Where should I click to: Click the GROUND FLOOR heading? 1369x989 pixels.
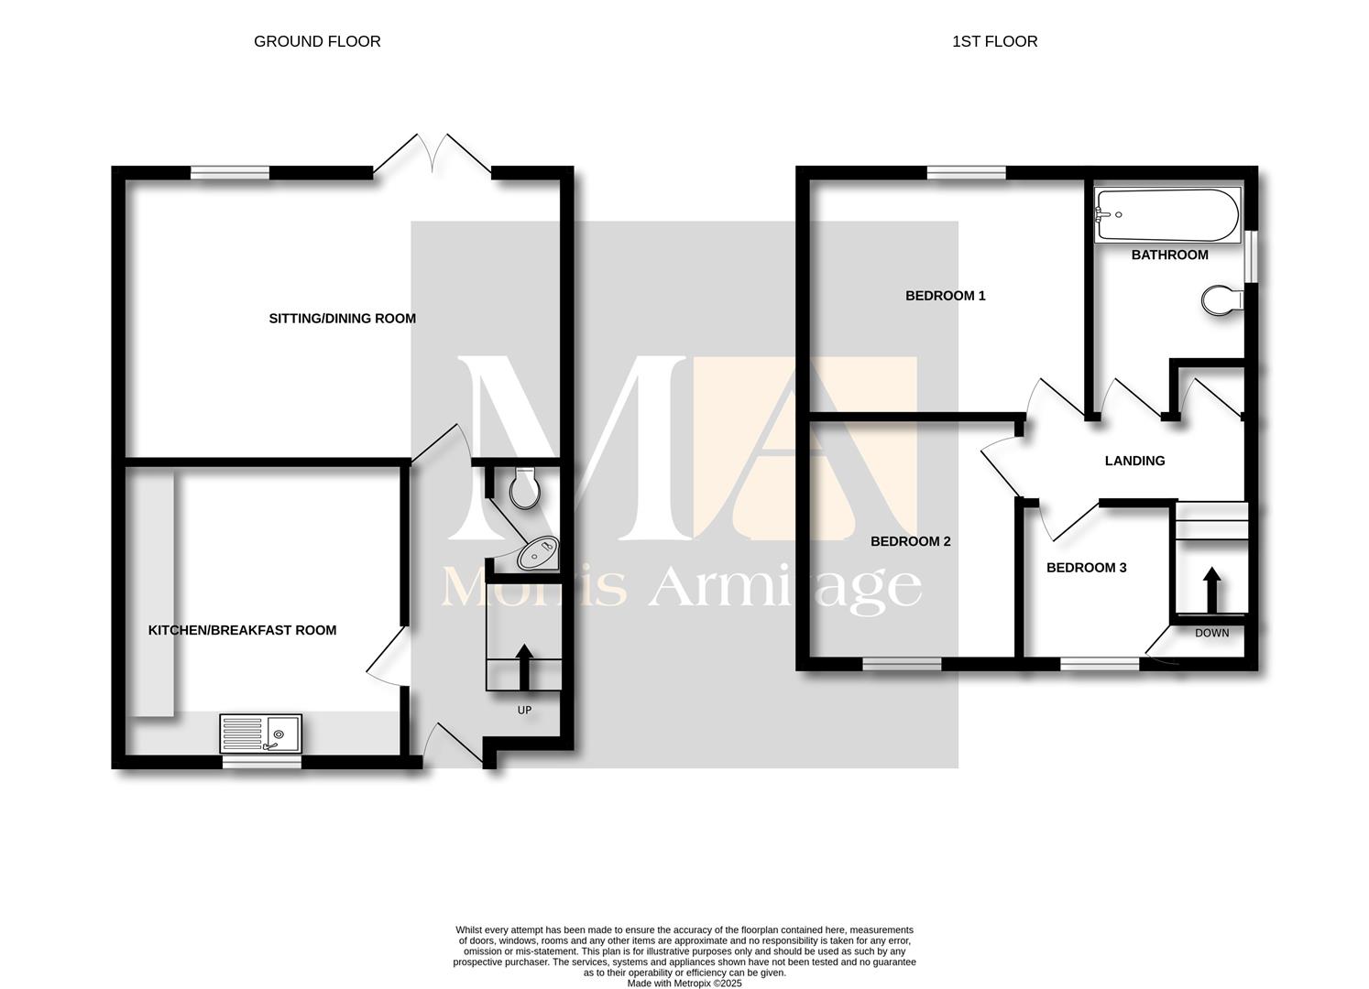point(317,41)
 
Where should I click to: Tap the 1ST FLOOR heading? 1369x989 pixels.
point(994,41)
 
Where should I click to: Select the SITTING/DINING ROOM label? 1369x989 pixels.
point(343,319)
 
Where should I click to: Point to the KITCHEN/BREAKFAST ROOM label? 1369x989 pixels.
point(242,630)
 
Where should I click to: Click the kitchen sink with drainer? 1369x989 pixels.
point(260,734)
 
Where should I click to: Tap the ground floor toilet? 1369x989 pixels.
point(524,488)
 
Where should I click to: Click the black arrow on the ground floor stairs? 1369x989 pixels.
point(524,667)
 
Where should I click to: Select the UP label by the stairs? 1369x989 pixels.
point(524,710)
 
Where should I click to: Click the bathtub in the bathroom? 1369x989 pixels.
point(1167,215)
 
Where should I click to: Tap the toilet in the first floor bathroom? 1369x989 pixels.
point(1222,300)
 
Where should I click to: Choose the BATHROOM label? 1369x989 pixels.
point(1170,255)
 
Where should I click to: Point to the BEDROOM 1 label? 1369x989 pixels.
point(946,296)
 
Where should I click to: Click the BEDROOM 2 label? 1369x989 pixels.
point(911,541)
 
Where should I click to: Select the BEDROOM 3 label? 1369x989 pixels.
point(1087,568)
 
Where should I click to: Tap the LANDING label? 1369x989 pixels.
point(1135,461)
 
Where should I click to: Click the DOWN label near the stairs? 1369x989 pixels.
point(1212,633)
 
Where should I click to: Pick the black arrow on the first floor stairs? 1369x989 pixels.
point(1212,590)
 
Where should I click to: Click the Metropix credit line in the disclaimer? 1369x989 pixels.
point(684,984)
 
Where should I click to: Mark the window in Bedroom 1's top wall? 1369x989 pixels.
point(966,173)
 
